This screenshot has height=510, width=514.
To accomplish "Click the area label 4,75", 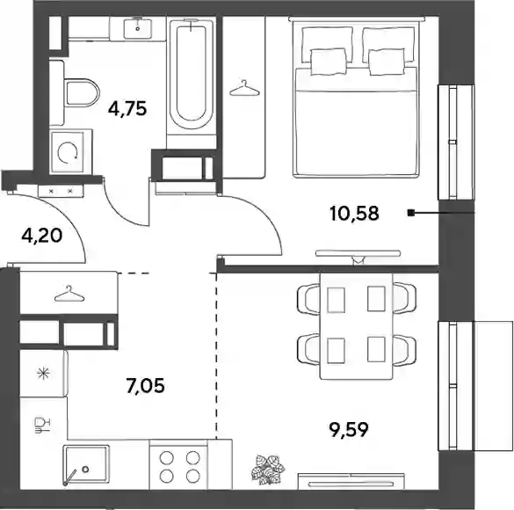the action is (127, 108).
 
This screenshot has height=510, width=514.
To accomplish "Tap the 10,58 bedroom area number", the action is (354, 213).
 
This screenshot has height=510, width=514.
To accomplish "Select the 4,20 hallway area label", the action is (41, 236).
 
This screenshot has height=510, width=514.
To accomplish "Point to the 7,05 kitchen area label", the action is (145, 385).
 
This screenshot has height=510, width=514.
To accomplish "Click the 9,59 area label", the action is (349, 430).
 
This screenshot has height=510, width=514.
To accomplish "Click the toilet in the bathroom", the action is (82, 92).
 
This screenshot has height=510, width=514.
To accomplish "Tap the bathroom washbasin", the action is (137, 29).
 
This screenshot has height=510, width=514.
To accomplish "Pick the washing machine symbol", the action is (68, 152).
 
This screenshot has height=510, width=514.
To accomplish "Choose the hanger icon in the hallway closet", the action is (69, 294).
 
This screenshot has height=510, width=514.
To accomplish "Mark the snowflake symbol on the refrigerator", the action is (43, 373).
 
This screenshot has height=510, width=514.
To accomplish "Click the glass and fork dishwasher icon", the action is (41, 425).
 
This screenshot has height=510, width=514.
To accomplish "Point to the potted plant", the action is (268, 470).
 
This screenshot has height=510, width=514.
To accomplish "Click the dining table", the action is (357, 326).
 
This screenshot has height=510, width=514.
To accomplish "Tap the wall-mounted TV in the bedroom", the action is (358, 253).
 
